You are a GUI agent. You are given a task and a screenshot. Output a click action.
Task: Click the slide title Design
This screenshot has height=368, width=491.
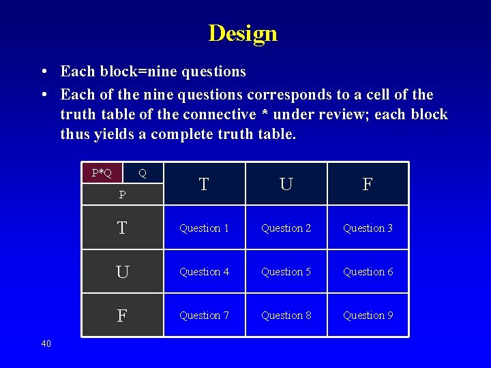point(243,33)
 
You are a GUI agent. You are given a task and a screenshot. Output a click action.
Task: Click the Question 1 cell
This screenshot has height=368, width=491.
point(204,228)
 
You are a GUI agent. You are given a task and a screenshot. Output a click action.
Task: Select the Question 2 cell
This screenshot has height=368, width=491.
point(286,228)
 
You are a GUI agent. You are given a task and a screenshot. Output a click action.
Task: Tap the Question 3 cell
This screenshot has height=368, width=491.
point(368,228)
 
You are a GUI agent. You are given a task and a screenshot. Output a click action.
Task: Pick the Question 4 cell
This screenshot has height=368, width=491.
point(204,272)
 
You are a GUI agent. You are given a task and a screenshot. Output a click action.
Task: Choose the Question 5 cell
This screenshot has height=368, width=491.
point(286,272)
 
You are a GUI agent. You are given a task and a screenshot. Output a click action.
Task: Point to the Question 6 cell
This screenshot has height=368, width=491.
point(368,272)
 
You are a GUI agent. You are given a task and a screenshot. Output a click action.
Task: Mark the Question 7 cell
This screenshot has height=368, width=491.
point(204,316)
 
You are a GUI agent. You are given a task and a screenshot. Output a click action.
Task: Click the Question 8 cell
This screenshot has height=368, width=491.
point(286,316)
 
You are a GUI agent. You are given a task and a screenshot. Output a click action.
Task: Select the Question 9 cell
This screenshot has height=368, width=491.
point(368,316)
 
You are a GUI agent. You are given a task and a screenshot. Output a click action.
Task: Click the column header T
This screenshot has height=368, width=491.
point(203,184)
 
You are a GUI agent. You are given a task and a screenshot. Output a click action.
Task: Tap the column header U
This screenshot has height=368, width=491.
point(286,184)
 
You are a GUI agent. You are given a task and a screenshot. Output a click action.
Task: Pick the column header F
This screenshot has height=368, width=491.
point(368,184)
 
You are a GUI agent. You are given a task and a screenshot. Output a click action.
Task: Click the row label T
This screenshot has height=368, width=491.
point(122,228)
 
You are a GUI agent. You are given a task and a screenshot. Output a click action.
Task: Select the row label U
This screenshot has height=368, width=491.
point(122,272)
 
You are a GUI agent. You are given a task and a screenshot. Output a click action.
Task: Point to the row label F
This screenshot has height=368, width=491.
point(122,316)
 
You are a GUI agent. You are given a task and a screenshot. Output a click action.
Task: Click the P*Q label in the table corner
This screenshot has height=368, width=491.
point(102,172)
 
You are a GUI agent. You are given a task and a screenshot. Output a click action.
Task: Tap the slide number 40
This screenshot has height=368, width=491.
point(46,343)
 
